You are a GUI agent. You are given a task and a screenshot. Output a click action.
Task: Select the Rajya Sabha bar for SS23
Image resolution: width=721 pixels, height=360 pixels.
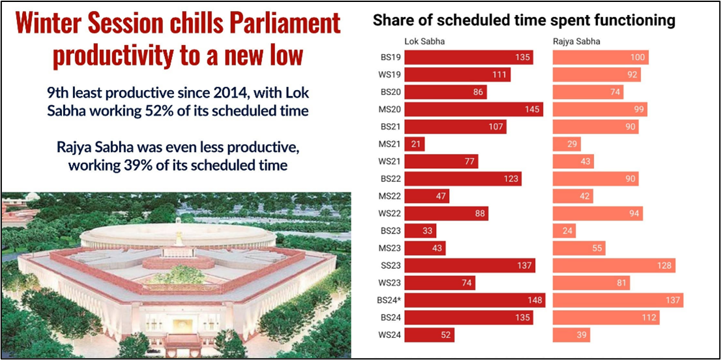click(613, 265)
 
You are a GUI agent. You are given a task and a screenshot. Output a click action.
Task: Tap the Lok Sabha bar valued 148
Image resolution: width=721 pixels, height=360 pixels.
click(475, 300)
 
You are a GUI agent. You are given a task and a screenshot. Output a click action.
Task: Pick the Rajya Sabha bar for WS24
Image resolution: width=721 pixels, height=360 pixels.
click(571, 335)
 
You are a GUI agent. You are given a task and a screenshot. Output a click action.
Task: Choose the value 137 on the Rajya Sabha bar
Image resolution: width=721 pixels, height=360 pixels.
click(671, 301)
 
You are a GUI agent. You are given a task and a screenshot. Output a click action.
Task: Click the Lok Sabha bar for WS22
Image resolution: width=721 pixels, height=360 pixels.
click(446, 213)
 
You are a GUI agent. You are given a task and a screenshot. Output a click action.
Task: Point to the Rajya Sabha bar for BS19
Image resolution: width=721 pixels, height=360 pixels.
click(600, 57)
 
